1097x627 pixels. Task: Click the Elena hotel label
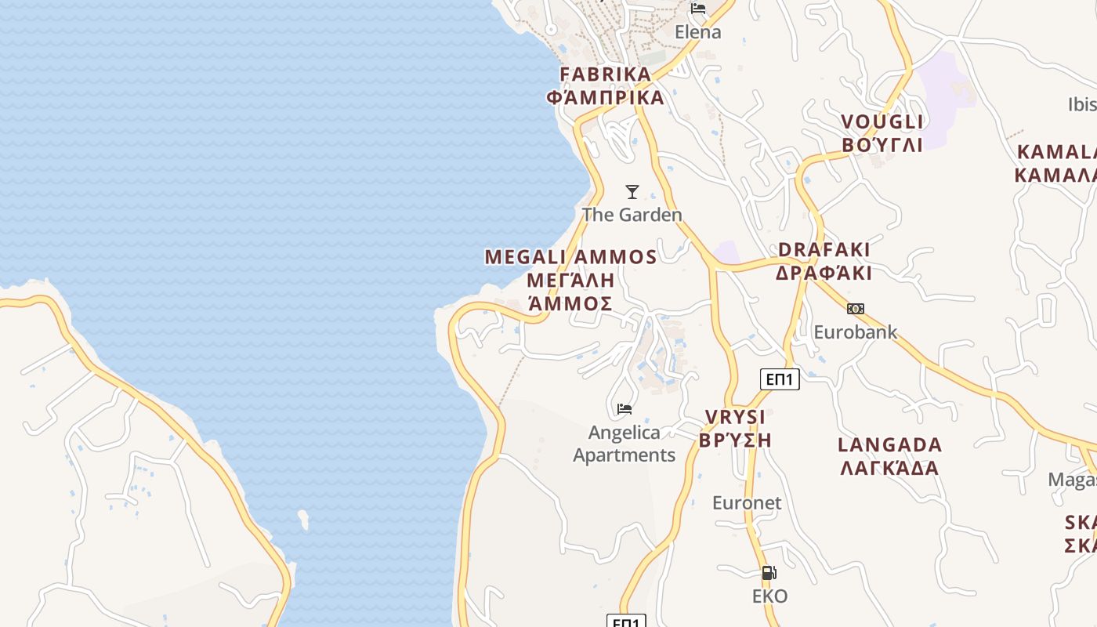click(697, 32)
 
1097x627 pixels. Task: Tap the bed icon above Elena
click(698, 9)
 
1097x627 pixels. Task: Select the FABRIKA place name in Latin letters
click(605, 74)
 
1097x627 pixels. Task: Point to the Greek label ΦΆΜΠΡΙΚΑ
click(605, 98)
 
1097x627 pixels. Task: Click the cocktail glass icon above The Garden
click(632, 191)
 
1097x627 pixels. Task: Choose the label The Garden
click(632, 214)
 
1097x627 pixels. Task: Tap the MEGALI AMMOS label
click(570, 257)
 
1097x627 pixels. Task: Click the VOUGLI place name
click(882, 121)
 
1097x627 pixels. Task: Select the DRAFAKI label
click(824, 249)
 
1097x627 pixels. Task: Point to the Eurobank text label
click(855, 332)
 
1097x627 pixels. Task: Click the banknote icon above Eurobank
click(856, 309)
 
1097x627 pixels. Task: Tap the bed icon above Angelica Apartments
click(625, 408)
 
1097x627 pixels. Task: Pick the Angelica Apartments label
click(625, 444)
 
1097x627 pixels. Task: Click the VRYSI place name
click(735, 417)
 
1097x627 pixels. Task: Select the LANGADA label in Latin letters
click(890, 445)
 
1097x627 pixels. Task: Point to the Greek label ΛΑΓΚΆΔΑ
click(890, 469)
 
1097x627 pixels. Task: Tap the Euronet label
click(747, 502)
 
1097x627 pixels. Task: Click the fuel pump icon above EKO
click(769, 573)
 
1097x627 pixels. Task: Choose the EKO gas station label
click(769, 596)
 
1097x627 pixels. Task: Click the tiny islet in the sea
click(303, 519)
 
